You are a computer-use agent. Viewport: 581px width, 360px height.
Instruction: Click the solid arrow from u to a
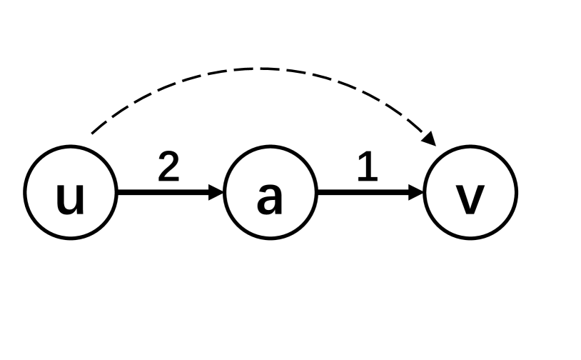tap(164, 191)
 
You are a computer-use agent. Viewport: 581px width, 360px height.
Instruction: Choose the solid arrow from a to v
tap(364, 191)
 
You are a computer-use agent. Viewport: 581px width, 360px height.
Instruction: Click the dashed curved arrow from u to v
tap(264, 69)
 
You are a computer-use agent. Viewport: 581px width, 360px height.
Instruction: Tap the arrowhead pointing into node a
tap(217, 191)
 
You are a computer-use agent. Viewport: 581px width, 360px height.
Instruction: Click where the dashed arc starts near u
tap(90, 133)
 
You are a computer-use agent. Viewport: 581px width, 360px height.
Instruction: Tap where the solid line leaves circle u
tap(116, 191)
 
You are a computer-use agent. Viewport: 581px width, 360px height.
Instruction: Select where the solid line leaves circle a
tap(316, 191)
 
